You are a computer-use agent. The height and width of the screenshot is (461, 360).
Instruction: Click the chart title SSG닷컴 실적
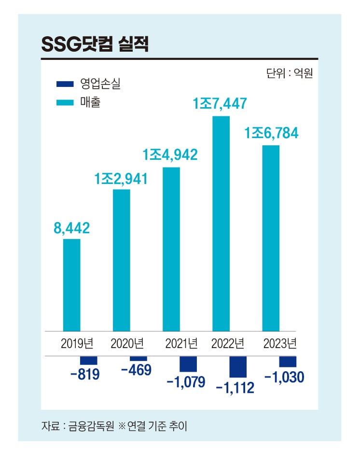(x=95, y=44)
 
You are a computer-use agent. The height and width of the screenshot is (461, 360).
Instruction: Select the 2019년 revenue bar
(x=72, y=285)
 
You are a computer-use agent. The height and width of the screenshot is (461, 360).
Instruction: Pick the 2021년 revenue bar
(x=171, y=249)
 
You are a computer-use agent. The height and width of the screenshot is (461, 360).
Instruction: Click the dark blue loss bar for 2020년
(x=138, y=359)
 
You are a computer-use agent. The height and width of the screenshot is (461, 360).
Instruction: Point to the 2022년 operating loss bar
(x=238, y=367)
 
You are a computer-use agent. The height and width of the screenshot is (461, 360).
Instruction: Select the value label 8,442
(x=71, y=228)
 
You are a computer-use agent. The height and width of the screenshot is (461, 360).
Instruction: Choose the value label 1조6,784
(x=271, y=133)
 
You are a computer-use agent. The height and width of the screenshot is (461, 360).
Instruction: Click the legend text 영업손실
(x=100, y=84)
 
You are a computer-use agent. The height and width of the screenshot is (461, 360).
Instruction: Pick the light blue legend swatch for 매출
(x=65, y=102)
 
